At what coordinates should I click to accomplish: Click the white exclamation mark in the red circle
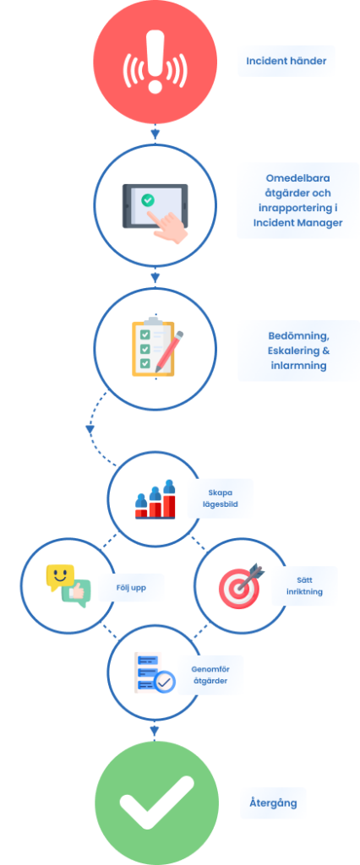(155, 61)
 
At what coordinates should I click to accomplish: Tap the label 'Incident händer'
(286, 61)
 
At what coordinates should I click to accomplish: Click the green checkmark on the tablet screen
(147, 199)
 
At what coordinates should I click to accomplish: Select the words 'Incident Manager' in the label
(297, 222)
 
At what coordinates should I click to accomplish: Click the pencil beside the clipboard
(169, 351)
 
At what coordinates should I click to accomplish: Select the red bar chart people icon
(155, 499)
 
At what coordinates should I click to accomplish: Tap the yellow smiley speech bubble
(60, 577)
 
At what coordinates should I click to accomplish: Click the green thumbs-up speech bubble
(76, 593)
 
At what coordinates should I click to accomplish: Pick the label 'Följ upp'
(131, 588)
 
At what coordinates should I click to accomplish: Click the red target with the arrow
(241, 585)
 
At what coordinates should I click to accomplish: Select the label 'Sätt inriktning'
(308, 586)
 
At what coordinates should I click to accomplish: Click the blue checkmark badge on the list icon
(165, 683)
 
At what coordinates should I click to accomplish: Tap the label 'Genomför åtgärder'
(210, 675)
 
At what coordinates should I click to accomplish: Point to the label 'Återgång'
(273, 802)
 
